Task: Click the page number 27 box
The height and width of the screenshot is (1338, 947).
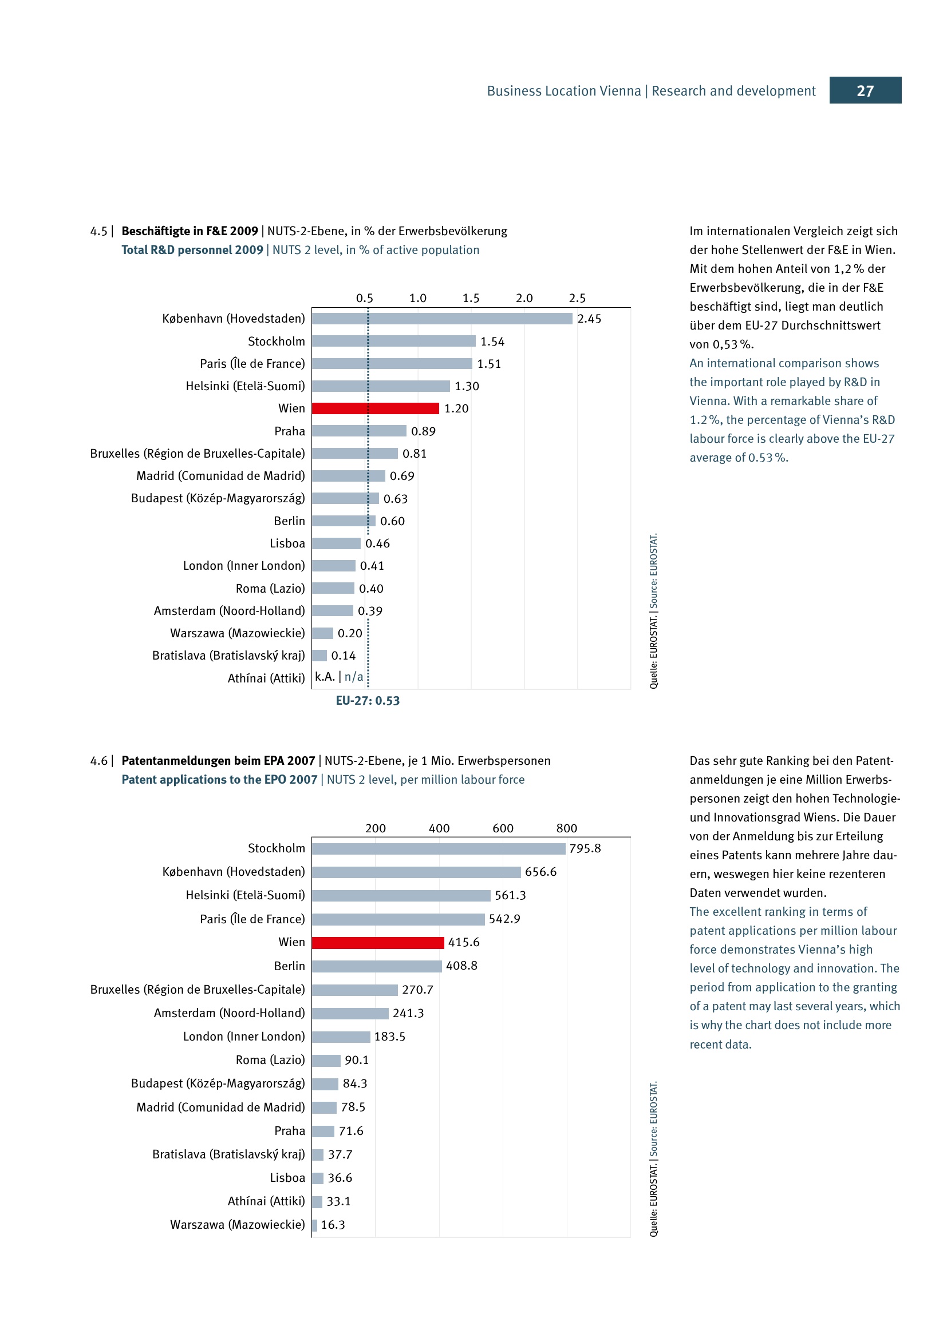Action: (x=865, y=90)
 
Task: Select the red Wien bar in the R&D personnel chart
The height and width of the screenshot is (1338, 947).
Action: (x=375, y=408)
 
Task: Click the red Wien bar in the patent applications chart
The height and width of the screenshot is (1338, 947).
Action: (x=377, y=942)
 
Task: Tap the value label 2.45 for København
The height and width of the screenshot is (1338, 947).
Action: (x=589, y=319)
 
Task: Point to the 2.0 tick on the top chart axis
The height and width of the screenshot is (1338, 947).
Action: (x=524, y=299)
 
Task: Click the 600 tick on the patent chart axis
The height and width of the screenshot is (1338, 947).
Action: (x=503, y=828)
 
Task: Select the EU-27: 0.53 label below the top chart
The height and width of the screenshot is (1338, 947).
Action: (x=368, y=701)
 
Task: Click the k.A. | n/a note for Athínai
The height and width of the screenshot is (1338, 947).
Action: (x=339, y=677)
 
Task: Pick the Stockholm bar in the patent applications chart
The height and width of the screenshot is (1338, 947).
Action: (x=438, y=848)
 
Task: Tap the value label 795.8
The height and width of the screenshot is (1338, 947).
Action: (x=585, y=848)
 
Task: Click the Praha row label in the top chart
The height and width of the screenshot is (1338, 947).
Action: (x=289, y=431)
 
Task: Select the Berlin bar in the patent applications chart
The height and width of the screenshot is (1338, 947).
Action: (x=376, y=966)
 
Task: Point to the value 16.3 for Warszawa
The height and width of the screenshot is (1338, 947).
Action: (x=333, y=1225)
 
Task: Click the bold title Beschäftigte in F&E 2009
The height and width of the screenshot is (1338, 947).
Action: (x=190, y=231)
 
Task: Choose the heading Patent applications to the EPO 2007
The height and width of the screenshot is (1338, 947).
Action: (x=219, y=780)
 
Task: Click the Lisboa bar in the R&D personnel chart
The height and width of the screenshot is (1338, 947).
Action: (x=336, y=543)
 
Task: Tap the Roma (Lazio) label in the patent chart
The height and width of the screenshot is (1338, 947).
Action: (x=270, y=1060)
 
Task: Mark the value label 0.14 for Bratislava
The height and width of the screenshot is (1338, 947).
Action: (x=343, y=656)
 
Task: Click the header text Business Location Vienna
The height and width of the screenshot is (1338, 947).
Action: (x=563, y=91)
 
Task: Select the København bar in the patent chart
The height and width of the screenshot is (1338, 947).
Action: (x=416, y=872)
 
